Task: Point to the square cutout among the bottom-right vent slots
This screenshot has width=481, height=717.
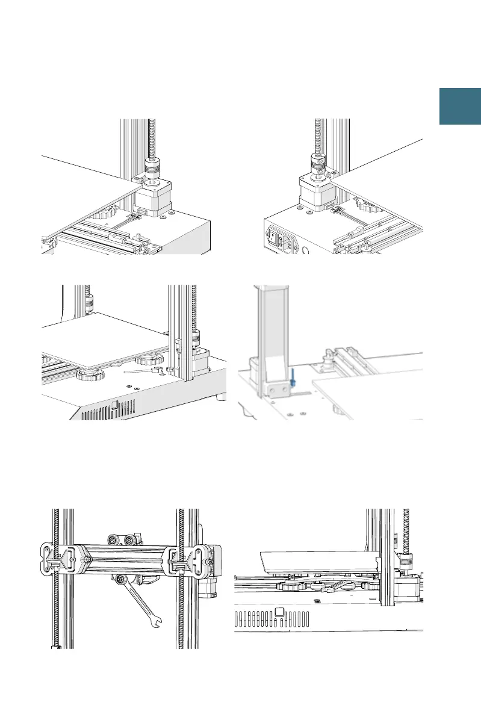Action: tap(279, 612)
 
